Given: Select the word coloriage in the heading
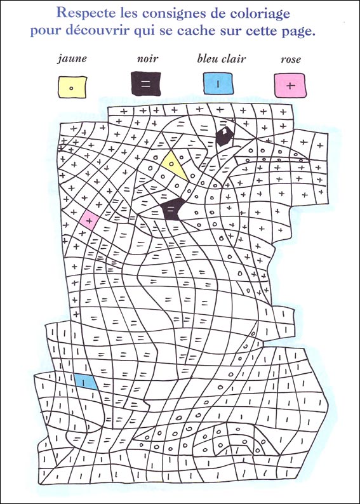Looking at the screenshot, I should [269, 12].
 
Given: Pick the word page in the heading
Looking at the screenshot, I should [297, 32].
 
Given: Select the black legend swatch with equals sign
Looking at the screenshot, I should [146, 84].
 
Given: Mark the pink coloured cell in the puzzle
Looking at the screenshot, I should [89, 220].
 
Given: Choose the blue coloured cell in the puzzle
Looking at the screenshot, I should [86, 381].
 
